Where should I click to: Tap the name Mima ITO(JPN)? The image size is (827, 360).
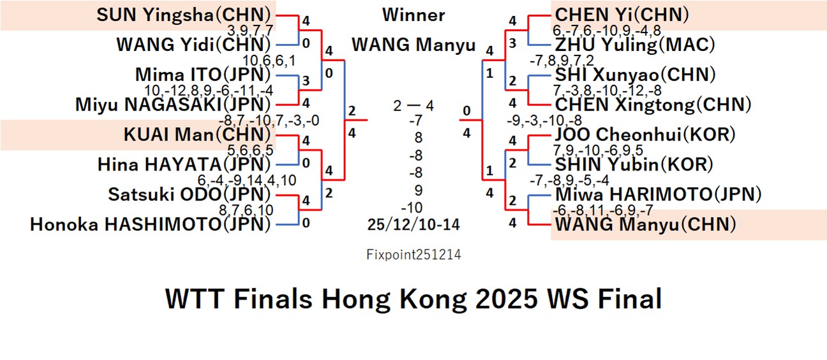(x=204, y=75)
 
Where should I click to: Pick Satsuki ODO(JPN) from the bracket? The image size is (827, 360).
(x=190, y=194)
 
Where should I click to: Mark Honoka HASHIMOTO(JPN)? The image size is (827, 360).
(x=151, y=224)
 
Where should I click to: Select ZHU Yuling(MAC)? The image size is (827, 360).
(x=634, y=45)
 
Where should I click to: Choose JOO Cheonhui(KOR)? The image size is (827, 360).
(x=645, y=135)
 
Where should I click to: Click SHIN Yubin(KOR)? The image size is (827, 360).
(x=634, y=164)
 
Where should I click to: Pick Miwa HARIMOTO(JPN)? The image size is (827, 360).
(x=657, y=194)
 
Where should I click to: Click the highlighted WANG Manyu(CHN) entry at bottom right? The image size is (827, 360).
(x=645, y=224)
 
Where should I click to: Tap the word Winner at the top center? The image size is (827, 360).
(x=413, y=15)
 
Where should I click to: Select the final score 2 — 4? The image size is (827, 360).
(x=413, y=105)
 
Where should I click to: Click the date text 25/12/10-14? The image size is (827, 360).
(x=413, y=224)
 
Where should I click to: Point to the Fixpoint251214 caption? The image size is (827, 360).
(x=413, y=255)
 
